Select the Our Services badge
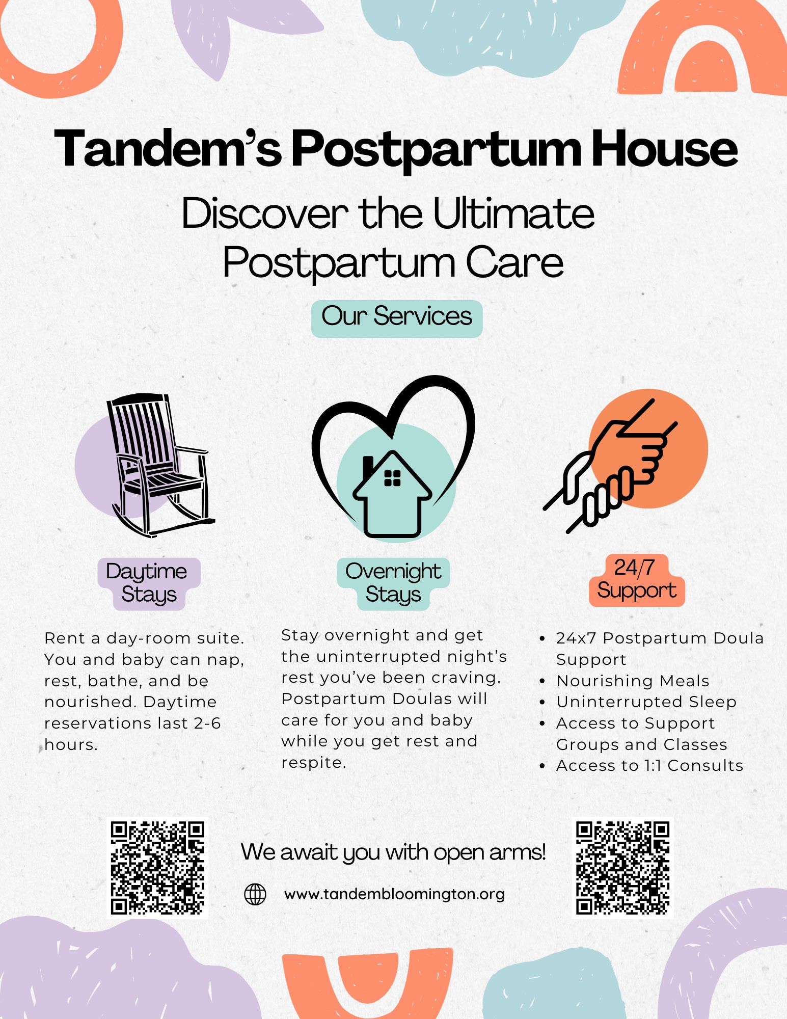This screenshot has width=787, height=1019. [397, 318]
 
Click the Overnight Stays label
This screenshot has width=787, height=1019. [393, 583]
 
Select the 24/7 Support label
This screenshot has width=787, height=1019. [636, 580]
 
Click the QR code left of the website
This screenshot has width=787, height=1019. [158, 868]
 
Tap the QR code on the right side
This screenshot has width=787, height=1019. [623, 868]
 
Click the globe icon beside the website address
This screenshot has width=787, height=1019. [255, 894]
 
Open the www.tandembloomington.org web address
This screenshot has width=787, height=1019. [395, 894]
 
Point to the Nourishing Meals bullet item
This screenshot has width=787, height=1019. [633, 681]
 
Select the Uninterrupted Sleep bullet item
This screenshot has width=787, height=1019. [646, 702]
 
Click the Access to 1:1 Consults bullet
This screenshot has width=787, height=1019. [649, 765]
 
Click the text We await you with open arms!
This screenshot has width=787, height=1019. [393, 852]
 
